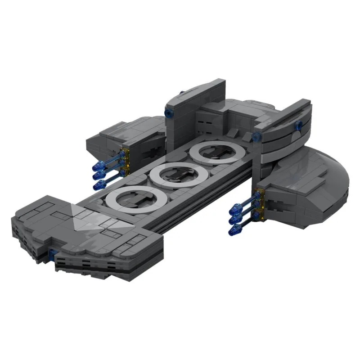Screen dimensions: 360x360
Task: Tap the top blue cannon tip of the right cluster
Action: (x=234, y=208)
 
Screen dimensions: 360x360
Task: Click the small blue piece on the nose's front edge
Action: (x=53, y=256)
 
